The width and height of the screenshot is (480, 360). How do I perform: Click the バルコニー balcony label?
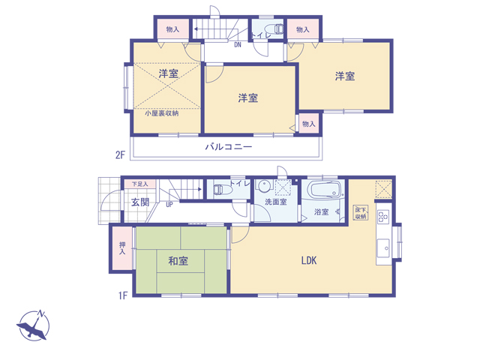[228, 147]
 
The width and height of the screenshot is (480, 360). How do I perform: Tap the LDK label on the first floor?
[309, 260]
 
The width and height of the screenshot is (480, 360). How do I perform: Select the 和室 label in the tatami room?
[178, 261]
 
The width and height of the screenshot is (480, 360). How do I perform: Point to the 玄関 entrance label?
[140, 202]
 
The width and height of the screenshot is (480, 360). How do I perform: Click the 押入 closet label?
[122, 248]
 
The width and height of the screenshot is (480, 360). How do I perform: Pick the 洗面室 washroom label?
[275, 202]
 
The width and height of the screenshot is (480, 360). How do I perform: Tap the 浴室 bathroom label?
[321, 211]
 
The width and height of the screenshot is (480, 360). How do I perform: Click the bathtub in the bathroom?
[325, 190]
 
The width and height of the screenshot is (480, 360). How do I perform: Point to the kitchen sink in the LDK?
[383, 248]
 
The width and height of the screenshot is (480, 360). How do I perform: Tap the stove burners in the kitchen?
[383, 217]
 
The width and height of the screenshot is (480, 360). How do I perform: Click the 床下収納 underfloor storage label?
[361, 213]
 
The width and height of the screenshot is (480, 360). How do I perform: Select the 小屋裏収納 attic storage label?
[162, 113]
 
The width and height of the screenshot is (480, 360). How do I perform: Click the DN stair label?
[238, 45]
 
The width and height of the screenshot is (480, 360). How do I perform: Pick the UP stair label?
[169, 205]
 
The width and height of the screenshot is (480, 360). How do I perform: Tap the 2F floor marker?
[120, 155]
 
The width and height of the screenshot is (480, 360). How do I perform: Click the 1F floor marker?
[123, 295]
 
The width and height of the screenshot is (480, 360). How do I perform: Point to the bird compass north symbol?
[33, 325]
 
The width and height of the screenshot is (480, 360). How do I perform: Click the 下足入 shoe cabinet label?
[140, 184]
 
